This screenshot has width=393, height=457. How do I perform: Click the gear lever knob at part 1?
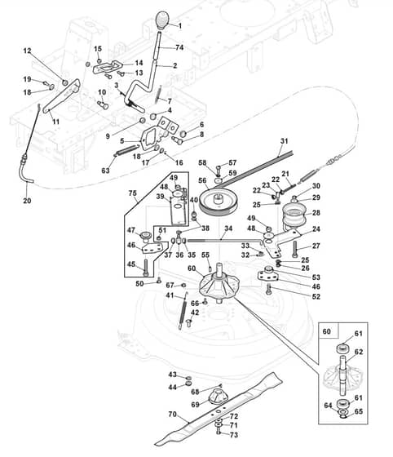[x=163, y=20]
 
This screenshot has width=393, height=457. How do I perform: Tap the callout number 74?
[x=179, y=47]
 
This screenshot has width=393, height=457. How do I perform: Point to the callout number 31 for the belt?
[x=284, y=141]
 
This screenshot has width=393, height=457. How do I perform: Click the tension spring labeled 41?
[x=183, y=311]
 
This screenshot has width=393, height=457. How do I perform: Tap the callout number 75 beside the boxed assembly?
[x=132, y=193]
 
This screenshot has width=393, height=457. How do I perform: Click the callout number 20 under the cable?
[x=27, y=201]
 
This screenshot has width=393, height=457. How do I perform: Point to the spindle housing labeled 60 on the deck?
[x=219, y=284]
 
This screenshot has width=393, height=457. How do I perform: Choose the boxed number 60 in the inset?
[x=327, y=331]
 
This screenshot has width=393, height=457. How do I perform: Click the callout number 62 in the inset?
[x=359, y=352]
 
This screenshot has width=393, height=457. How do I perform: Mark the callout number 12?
[x=27, y=51]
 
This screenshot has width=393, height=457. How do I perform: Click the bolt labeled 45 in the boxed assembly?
[x=146, y=268]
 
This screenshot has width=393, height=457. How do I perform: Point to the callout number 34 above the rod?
[x=228, y=228]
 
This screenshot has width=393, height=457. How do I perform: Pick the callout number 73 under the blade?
[x=234, y=435]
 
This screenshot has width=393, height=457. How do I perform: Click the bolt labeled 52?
[x=269, y=290]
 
